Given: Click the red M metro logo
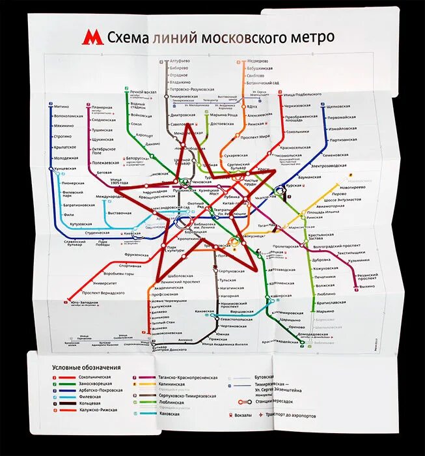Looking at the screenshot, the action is [x=92, y=37].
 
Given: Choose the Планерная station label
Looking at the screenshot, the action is [x=102, y=107].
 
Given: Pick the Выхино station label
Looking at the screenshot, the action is [x=368, y=286].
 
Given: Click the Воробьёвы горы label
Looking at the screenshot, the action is [x=119, y=274].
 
